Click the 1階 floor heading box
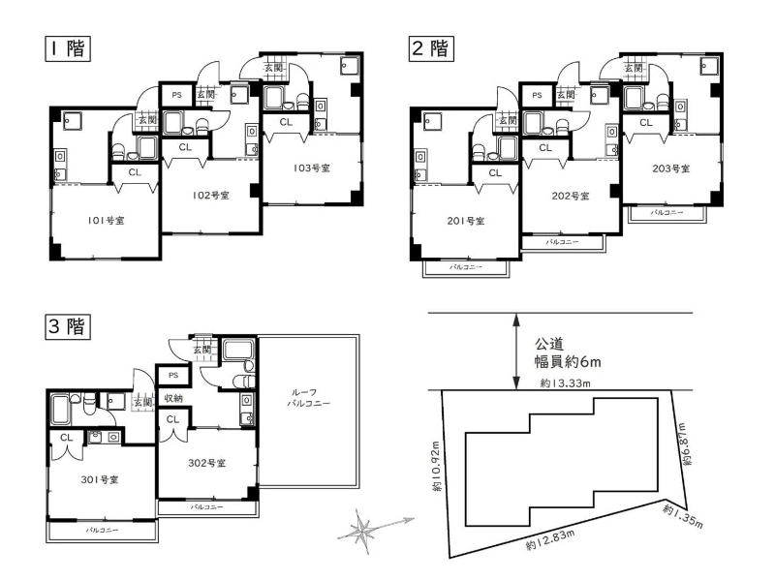click(68, 49)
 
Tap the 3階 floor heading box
click(68, 326)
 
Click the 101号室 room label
click(106, 221)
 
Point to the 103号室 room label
click(311, 168)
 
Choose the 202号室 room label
click(571, 196)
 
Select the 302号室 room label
click(207, 463)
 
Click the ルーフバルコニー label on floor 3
click(308, 398)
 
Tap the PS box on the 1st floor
click(176, 95)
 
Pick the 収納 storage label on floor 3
click(173, 398)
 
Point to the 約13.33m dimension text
click(565, 382)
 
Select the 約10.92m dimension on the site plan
click(436, 467)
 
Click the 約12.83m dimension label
click(550, 540)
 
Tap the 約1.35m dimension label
click(683, 516)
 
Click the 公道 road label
click(548, 344)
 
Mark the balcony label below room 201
click(466, 267)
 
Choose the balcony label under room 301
click(102, 530)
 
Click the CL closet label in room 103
click(286, 122)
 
